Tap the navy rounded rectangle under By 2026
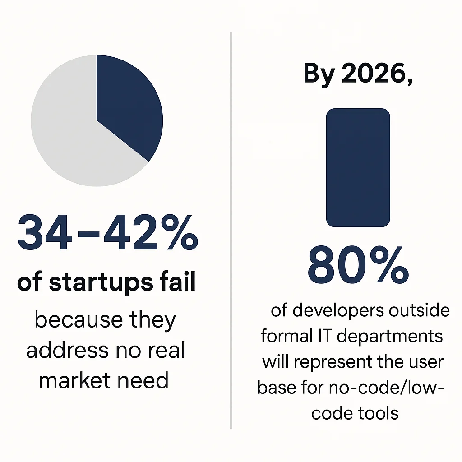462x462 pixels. (358, 167)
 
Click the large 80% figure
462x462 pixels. (358, 263)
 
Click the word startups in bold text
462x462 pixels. (101, 283)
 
